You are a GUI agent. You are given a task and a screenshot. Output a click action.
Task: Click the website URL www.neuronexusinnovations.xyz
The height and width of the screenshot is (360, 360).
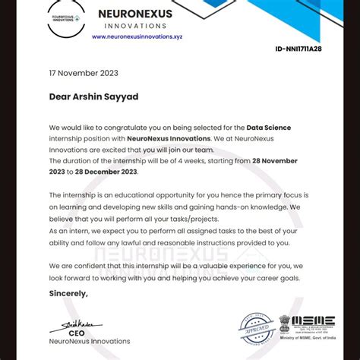[137, 36]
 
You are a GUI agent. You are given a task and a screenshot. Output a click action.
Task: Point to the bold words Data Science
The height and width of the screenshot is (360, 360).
[267, 128]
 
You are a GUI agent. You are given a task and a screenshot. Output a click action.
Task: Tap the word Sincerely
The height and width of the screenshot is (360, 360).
[68, 293]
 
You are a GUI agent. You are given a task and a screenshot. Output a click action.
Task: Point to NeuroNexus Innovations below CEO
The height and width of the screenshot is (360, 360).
[89, 342]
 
